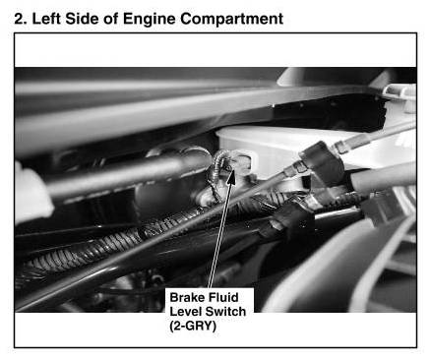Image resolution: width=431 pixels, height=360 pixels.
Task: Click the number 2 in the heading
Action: click(x=21, y=19)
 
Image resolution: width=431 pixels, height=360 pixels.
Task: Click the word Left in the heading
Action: click(x=45, y=19)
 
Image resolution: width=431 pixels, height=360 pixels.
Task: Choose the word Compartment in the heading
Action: click(x=232, y=20)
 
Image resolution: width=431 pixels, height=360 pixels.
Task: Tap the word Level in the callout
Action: click(x=186, y=312)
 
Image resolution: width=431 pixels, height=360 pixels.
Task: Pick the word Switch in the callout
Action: click(x=226, y=312)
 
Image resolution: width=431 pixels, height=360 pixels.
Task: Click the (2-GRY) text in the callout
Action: click(x=193, y=327)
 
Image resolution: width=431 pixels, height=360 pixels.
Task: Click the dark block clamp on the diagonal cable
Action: click(x=323, y=162)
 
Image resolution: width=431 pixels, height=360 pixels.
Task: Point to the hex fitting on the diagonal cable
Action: click(x=294, y=168)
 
